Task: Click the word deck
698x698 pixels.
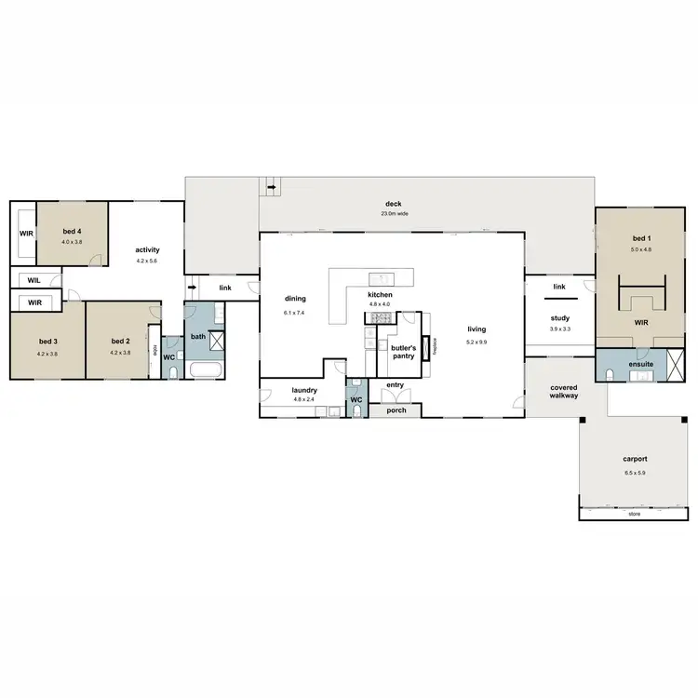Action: pyautogui.click(x=393, y=204)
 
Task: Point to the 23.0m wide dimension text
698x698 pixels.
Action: pyautogui.click(x=393, y=214)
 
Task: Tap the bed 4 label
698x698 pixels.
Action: pyautogui.click(x=73, y=231)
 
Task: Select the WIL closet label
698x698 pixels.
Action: pyautogui.click(x=34, y=279)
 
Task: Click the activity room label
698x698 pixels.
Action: pyautogui.click(x=148, y=249)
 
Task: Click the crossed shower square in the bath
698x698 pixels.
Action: pyautogui.click(x=214, y=340)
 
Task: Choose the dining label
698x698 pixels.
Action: pyautogui.click(x=296, y=299)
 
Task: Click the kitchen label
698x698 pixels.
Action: pyautogui.click(x=381, y=294)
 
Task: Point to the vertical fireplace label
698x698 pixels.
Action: pyautogui.click(x=436, y=346)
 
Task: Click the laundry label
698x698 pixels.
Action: pyautogui.click(x=305, y=390)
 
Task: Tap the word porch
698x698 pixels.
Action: pyautogui.click(x=396, y=410)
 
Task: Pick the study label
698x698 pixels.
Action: pyautogui.click(x=559, y=318)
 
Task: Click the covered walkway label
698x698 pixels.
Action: pyautogui.click(x=564, y=392)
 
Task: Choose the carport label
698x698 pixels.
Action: pyautogui.click(x=635, y=460)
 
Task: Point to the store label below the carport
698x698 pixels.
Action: pyautogui.click(x=635, y=513)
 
